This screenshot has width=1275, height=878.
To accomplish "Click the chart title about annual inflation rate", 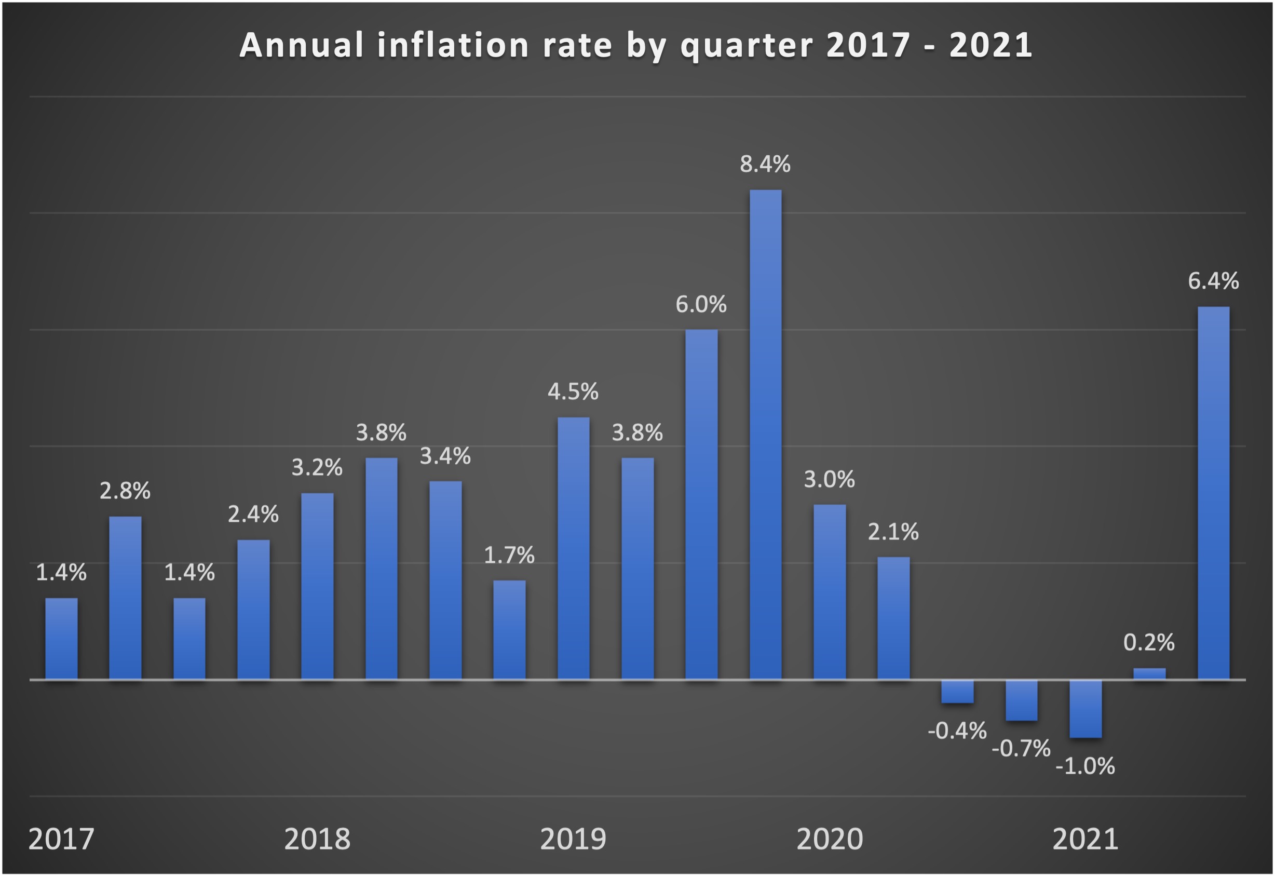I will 636,45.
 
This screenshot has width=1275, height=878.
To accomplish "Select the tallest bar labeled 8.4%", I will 765,435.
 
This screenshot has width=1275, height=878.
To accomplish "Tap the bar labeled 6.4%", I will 1213,493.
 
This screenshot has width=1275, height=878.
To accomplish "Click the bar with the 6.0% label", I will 701,505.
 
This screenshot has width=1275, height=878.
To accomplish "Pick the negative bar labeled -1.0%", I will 1084,709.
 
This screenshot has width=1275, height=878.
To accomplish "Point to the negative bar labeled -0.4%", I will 957,692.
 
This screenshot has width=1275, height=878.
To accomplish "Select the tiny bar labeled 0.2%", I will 1149,674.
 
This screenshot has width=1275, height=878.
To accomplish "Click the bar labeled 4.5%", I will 573,548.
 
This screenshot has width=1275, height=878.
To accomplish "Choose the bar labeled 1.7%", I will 509,630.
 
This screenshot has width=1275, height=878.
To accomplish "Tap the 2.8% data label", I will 125,491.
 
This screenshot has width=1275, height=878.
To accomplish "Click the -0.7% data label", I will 1021,749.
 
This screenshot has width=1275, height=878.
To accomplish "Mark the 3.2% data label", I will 317,468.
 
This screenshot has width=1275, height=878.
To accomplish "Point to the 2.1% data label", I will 893,532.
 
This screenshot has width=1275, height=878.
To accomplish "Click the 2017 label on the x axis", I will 61,840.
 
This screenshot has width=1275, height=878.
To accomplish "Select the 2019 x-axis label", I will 573,840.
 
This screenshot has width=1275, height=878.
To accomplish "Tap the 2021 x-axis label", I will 1084,840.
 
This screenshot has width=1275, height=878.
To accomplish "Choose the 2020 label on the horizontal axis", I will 830,840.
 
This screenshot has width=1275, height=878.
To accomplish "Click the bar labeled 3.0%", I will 830,592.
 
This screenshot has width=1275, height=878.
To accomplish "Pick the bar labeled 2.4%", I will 253,610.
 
